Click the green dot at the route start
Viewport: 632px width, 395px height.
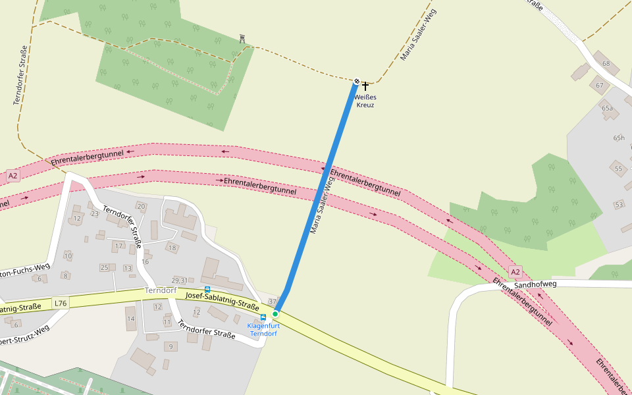(275, 314)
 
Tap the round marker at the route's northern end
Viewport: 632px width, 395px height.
(357, 82)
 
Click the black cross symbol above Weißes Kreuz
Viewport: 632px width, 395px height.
(365, 86)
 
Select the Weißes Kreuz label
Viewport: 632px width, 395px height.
(365, 101)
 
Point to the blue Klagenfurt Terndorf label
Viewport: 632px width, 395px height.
(263, 329)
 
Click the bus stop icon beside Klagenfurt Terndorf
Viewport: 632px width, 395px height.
(263, 317)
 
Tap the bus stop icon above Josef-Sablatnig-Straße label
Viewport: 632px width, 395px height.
(207, 289)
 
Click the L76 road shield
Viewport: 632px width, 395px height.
(61, 303)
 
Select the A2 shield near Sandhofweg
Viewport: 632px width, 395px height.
(515, 271)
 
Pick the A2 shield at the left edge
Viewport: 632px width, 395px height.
(13, 175)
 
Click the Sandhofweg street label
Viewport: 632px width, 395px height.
(535, 284)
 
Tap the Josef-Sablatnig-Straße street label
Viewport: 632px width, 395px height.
(223, 301)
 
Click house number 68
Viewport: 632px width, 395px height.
(606, 64)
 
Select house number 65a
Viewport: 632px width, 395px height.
(607, 108)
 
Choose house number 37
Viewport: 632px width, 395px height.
(272, 301)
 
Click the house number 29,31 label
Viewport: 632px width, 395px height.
(179, 280)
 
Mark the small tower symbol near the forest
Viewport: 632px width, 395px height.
(243, 38)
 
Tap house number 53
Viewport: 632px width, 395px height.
(618, 205)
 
